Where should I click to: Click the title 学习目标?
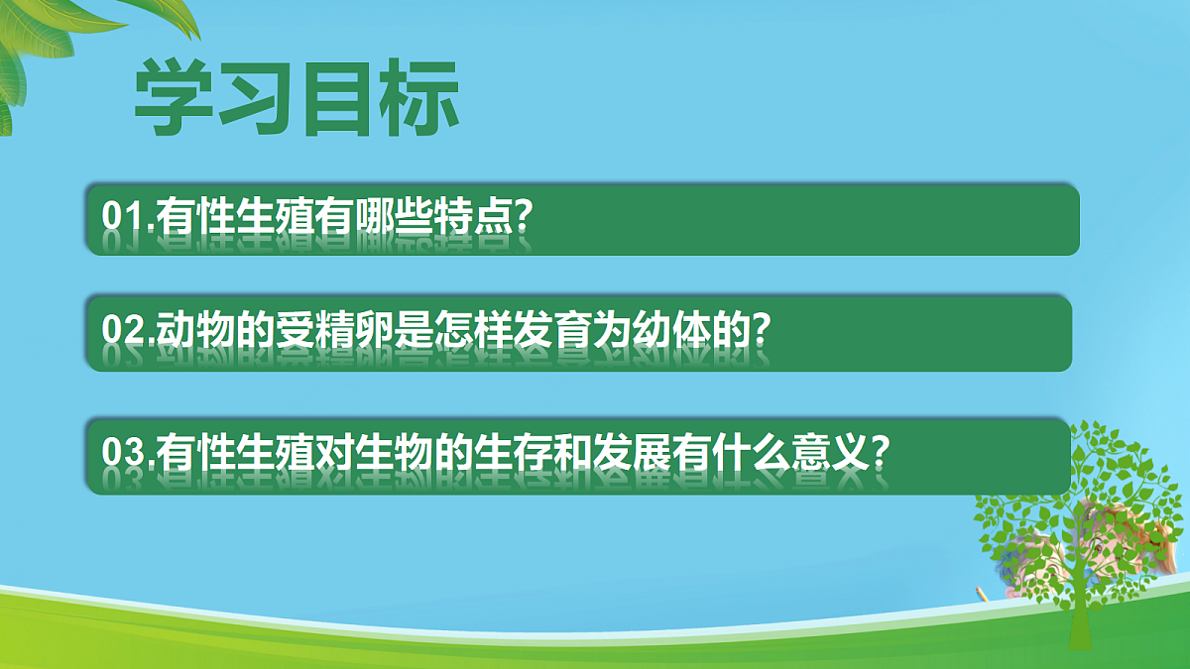point(297,99)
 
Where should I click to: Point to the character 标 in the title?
point(420,99)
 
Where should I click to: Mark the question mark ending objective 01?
point(525,217)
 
